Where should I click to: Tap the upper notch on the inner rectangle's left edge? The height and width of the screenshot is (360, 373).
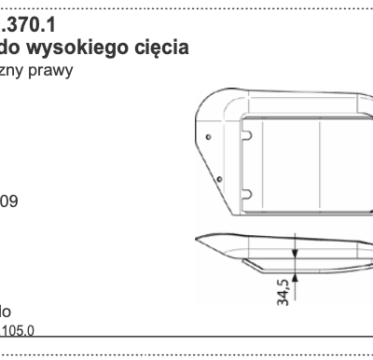[246, 136]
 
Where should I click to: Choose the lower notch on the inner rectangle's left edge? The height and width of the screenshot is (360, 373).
[246, 193]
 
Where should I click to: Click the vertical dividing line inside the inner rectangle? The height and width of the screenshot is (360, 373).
[321, 163]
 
